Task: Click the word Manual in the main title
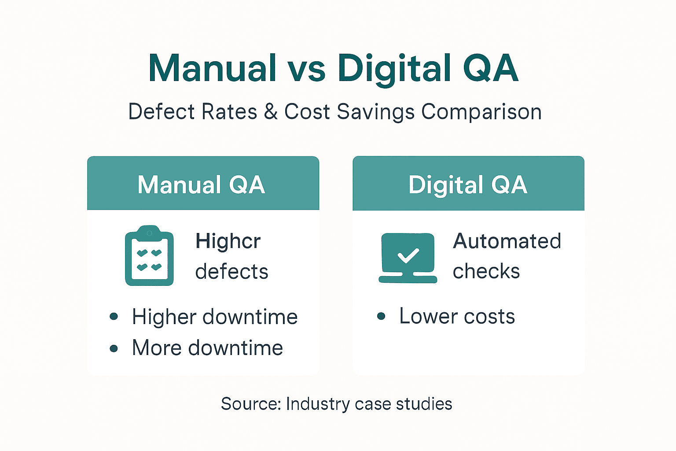213,68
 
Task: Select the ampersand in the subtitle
271,112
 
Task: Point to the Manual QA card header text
201,185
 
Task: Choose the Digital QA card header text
468,185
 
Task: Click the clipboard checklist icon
149,256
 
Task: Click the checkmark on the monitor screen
408,255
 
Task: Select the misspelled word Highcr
228,242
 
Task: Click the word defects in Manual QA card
231,271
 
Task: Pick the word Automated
507,241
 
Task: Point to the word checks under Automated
486,271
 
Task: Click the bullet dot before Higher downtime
114,316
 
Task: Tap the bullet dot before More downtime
114,348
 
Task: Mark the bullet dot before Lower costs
381,316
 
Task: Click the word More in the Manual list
157,348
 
